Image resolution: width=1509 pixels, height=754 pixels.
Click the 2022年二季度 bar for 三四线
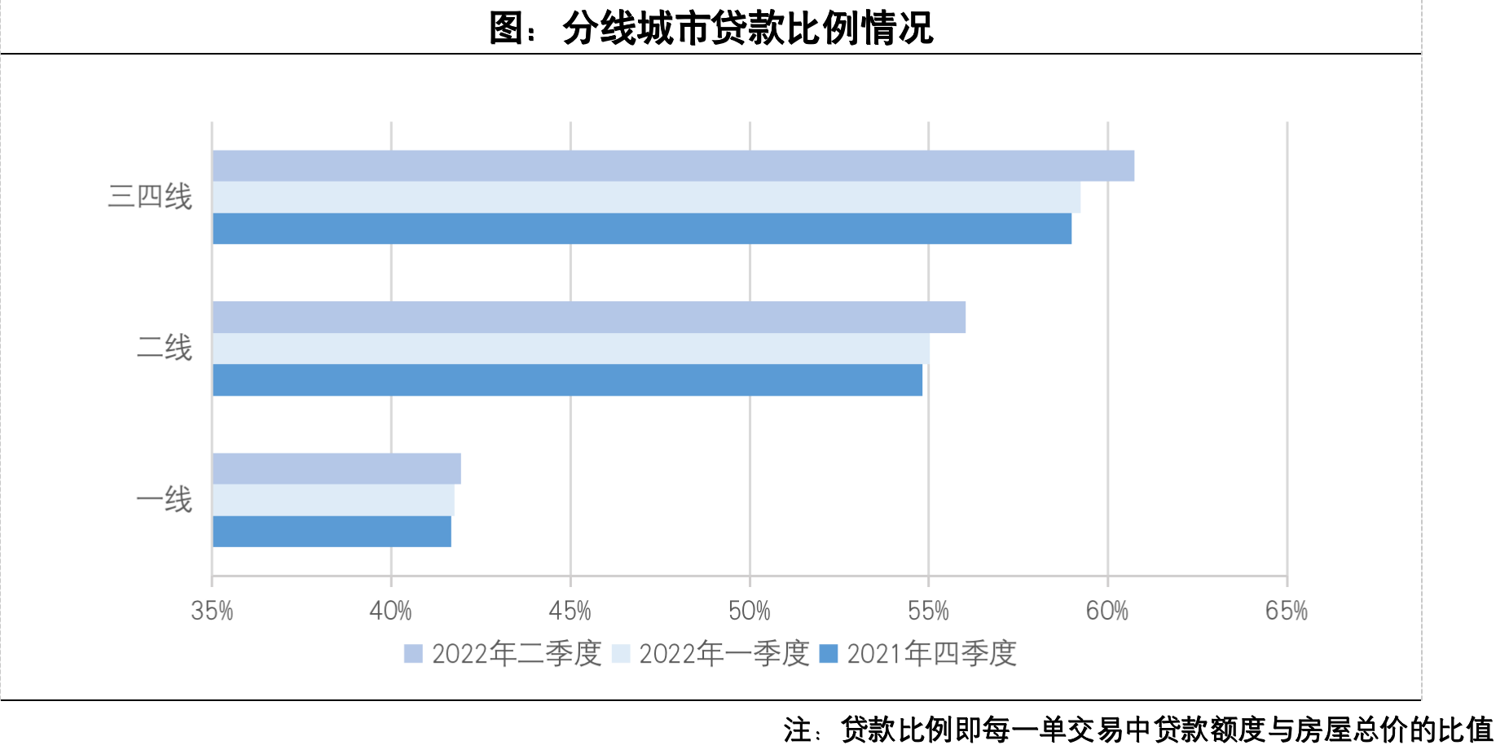point(673,166)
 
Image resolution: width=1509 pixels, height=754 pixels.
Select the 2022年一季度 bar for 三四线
point(646,197)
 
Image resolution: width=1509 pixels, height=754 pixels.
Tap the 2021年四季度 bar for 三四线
point(642,229)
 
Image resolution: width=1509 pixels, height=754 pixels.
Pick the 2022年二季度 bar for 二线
point(589,318)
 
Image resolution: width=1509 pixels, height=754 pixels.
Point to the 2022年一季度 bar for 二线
point(570,349)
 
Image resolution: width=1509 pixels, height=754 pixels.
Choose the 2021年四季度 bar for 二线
point(567,380)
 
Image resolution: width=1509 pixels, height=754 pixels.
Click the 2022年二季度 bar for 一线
point(337,469)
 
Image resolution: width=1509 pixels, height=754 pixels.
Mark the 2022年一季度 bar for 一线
point(333,500)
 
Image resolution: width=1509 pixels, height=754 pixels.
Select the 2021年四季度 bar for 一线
point(332,532)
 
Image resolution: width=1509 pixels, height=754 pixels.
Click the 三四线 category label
point(150,197)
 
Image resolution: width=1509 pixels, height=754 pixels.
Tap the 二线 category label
point(164,349)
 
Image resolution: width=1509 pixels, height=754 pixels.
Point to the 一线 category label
point(164,500)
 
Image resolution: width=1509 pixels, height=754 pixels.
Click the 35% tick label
point(212,611)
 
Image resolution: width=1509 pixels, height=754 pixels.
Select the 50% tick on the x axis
point(750,611)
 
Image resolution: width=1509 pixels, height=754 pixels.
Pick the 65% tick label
point(1287,611)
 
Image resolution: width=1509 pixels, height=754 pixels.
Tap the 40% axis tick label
point(391,611)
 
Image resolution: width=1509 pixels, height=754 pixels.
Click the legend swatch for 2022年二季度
point(413,654)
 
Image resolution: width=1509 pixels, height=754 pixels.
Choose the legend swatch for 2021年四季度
point(829,654)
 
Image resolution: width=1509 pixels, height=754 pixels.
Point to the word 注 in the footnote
point(798,730)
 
